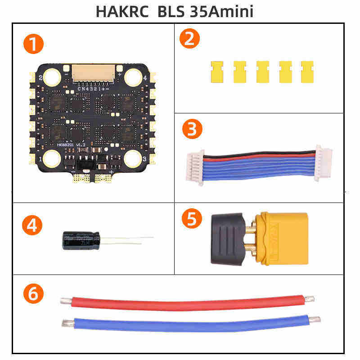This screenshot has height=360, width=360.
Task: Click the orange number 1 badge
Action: click(34, 45)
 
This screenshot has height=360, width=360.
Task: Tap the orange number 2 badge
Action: click(189, 39)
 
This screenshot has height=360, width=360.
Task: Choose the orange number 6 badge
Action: click(33, 294)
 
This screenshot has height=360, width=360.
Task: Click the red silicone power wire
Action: click(184, 302)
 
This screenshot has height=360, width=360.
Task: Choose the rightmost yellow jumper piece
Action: click(307, 72)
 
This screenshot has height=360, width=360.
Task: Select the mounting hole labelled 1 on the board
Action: click(52, 158)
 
